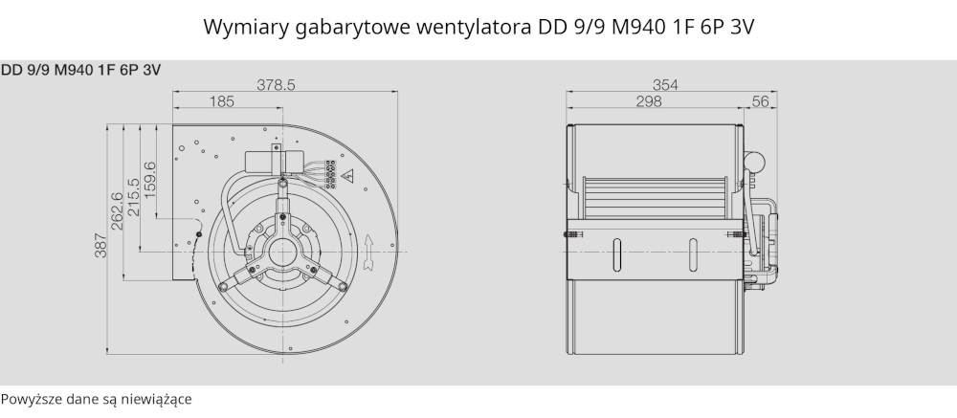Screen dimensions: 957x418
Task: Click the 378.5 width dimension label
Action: pyautogui.click(x=276, y=85)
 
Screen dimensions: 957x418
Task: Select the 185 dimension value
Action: pyautogui.click(x=222, y=101)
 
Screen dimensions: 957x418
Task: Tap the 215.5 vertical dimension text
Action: pyautogui.click(x=134, y=196)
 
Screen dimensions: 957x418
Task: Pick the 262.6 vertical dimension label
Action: pyautogui.click(x=117, y=211)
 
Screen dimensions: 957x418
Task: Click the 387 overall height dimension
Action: pyautogui.click(x=100, y=245)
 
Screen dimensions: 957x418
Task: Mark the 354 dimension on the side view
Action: pyautogui.click(x=665, y=85)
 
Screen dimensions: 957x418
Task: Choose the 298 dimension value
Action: pyautogui.click(x=649, y=101)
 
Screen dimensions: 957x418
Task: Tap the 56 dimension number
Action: pyautogui.click(x=761, y=101)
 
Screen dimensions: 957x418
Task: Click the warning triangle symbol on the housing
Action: pyautogui.click(x=348, y=176)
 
